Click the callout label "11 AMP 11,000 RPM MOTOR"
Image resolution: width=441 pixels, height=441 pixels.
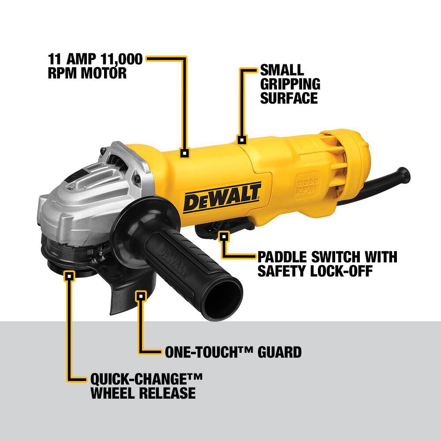[95, 66]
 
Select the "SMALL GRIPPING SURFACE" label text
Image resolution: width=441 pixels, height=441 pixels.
[290, 84]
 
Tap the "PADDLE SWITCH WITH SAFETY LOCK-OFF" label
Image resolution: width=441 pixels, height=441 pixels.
[327, 264]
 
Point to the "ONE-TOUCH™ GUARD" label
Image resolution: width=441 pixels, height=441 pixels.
[233, 352]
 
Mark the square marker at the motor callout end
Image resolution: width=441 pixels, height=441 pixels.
[185, 153]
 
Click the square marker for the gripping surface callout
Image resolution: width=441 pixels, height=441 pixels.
[241, 140]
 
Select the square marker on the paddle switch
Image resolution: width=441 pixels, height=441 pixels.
[224, 236]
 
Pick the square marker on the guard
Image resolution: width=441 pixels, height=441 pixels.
[141, 296]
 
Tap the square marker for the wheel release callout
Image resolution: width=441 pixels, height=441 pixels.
[68, 277]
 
